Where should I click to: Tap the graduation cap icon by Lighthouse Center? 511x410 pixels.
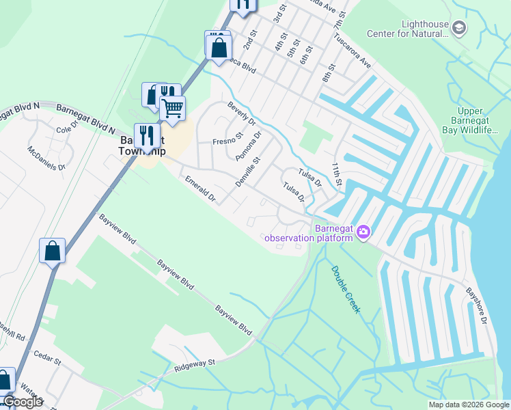click(460, 28)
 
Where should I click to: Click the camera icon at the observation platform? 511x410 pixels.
click(363, 233)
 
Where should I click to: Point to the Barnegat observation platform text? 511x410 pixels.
click(309, 233)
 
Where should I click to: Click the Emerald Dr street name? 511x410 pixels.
click(201, 189)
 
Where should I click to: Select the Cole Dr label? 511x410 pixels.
click(68, 130)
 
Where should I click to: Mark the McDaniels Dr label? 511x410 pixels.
click(46, 157)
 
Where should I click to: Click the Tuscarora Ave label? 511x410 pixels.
click(353, 53)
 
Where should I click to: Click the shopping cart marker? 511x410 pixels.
click(172, 108)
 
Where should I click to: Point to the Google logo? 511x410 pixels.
click(23, 402)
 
